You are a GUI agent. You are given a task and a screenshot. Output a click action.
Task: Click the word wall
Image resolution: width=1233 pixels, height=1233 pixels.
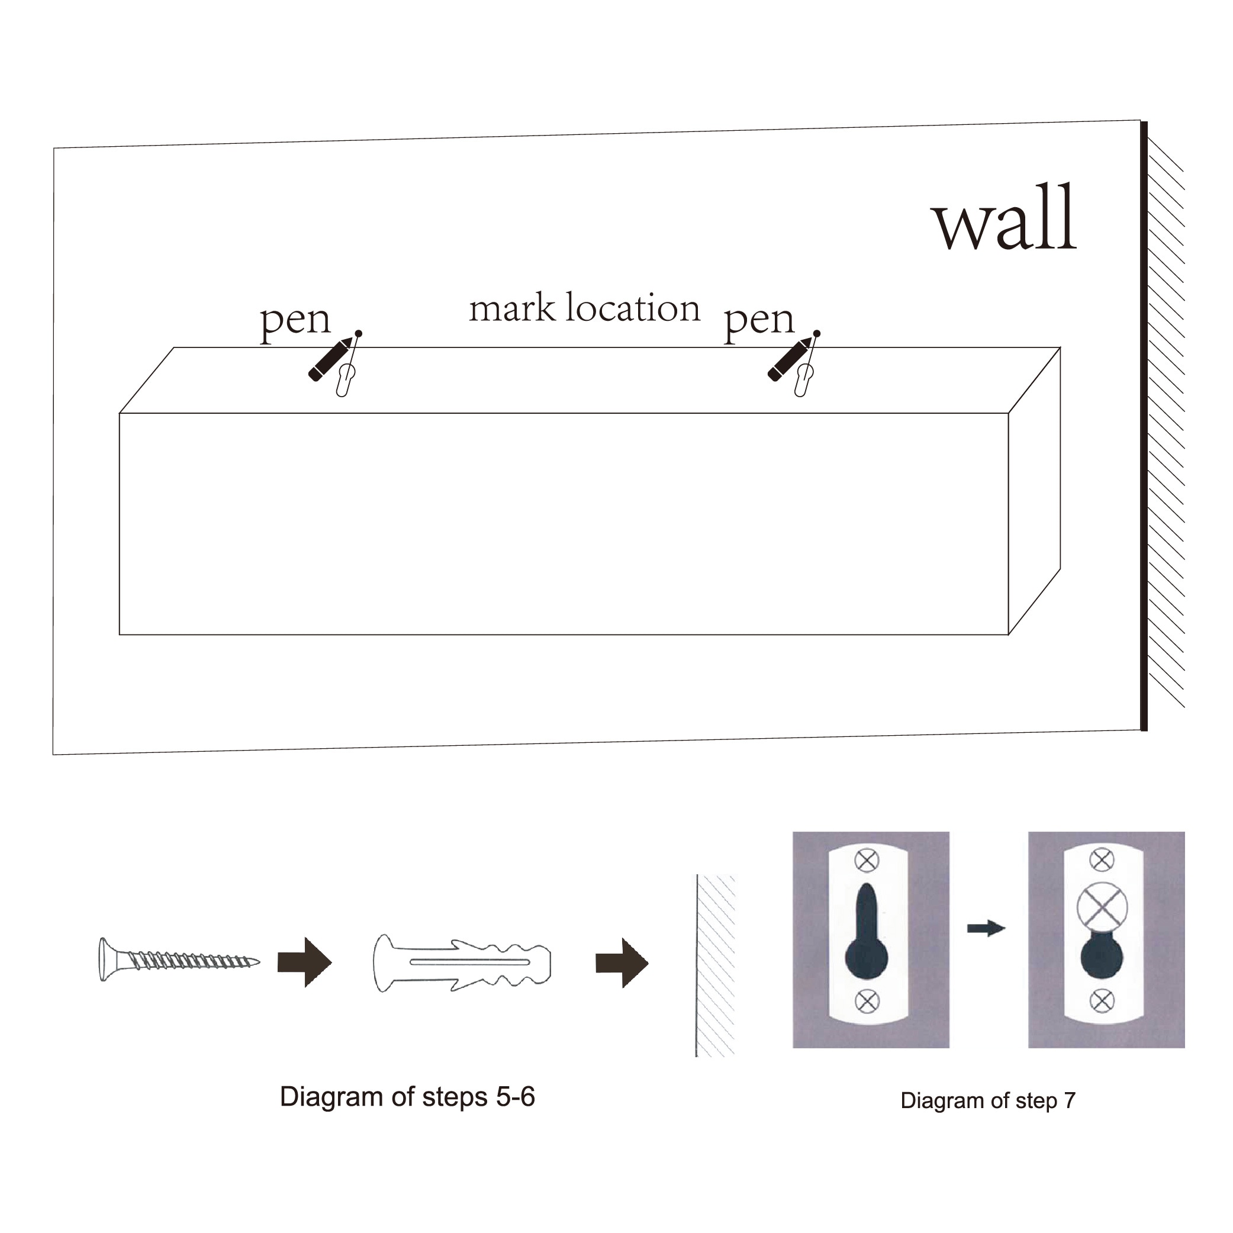coord(1003,218)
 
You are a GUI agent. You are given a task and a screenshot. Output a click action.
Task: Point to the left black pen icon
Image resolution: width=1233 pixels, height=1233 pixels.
coord(329,359)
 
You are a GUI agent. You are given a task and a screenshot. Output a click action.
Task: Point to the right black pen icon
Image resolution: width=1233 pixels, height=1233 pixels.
coord(789,359)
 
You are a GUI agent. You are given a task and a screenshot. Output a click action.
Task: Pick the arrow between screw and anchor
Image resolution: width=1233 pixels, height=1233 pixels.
coord(304,962)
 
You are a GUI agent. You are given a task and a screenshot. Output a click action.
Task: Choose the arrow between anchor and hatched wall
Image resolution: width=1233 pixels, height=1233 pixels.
coord(622,962)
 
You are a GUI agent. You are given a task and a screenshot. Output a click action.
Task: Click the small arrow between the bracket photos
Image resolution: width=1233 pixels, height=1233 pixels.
coord(986,928)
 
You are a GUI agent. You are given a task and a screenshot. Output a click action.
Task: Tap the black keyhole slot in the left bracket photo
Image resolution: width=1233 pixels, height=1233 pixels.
coord(866,938)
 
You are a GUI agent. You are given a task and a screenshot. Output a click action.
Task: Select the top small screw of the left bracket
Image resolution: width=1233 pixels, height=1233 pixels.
coord(866,860)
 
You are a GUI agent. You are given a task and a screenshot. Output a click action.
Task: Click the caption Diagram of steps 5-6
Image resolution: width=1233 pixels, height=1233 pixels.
coord(407,1096)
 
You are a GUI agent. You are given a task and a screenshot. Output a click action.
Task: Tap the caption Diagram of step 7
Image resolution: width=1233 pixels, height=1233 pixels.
coord(987,1100)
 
